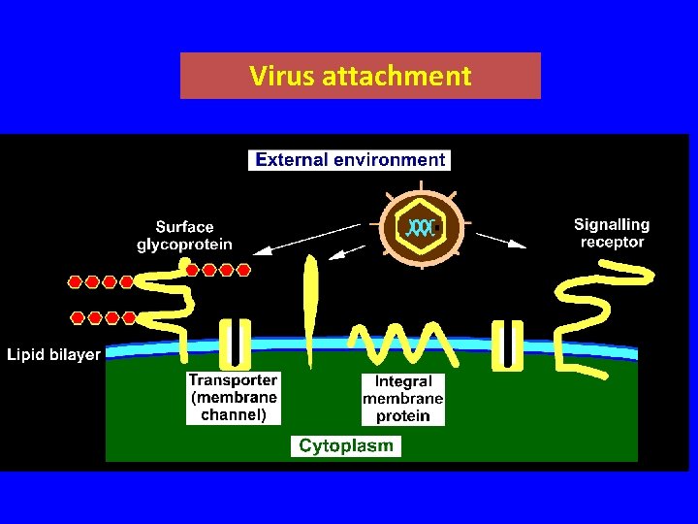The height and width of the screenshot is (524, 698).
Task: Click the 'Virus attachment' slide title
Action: click(x=360, y=76)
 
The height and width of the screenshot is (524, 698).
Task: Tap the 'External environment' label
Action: click(x=350, y=159)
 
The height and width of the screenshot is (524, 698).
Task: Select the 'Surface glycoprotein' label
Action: click(x=184, y=236)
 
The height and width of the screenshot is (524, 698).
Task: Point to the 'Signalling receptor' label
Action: click(x=612, y=233)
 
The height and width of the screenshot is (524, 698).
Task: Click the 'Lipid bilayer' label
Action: click(x=53, y=354)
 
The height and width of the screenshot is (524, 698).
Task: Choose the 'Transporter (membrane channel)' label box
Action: click(x=234, y=398)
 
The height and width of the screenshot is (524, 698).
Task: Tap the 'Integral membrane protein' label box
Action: click(x=403, y=399)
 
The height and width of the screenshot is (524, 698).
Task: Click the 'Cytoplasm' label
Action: click(x=346, y=446)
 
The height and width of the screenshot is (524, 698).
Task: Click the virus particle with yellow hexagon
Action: click(x=424, y=228)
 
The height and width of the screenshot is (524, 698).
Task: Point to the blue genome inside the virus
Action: click(x=422, y=228)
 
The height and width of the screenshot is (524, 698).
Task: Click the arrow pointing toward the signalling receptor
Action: click(x=501, y=240)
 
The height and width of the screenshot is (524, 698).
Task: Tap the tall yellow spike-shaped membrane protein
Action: click(x=310, y=306)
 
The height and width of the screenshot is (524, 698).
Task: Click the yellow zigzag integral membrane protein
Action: click(x=402, y=340)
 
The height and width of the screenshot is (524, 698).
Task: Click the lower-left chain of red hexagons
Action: click(x=103, y=317)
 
